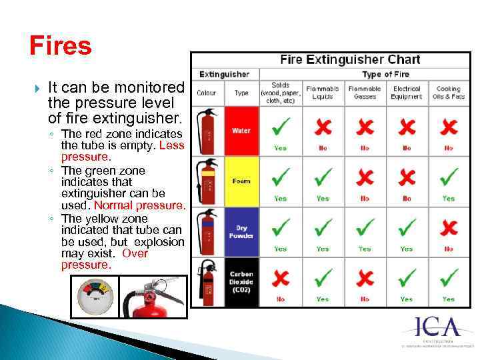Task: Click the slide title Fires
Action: point(60,46)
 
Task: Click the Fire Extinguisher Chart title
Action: point(350,59)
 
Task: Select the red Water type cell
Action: point(241,131)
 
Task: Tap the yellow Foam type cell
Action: point(241,181)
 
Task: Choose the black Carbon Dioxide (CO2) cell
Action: point(241,282)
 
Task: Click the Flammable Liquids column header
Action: point(323,92)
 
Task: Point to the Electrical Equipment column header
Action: point(407,92)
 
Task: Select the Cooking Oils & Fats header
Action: point(449,92)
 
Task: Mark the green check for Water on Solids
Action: point(280,126)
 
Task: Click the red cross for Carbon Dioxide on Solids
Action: point(280,277)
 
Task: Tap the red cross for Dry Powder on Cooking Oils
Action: point(449,227)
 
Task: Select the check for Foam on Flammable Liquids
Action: point(323,177)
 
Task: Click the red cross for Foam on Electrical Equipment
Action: point(407,177)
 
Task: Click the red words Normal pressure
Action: point(139,205)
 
